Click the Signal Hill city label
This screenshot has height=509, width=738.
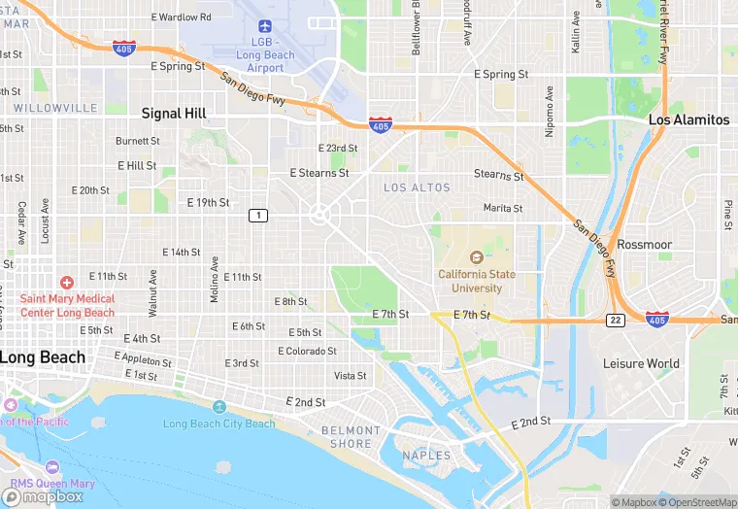174,114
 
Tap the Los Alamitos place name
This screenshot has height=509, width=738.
688,119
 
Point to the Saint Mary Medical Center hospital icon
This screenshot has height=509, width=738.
66,281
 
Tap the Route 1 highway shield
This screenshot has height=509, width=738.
257,215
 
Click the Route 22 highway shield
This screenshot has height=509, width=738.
615,320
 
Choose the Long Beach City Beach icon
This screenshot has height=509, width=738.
219,406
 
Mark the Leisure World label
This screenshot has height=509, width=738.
641,363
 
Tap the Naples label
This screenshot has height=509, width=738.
426,455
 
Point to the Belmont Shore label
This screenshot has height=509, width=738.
351,437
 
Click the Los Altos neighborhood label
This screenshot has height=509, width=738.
417,187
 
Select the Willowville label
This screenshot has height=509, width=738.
55,107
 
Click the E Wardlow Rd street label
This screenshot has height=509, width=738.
182,17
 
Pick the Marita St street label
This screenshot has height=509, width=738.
503,208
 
